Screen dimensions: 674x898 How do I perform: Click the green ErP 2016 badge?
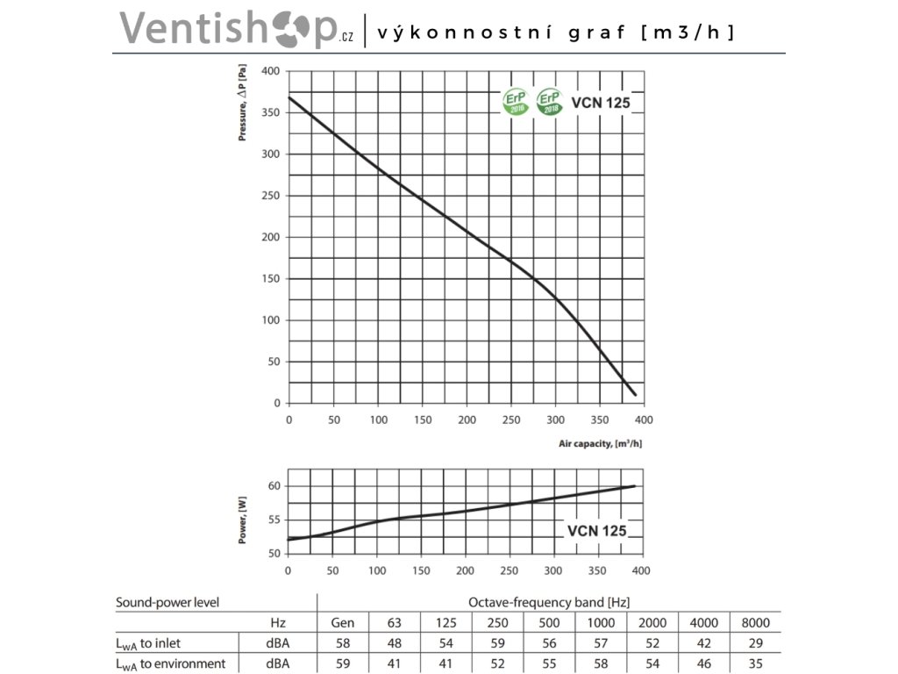coord(515,101)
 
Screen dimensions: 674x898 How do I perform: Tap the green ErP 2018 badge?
coord(550,101)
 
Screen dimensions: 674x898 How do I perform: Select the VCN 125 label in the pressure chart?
coord(601,102)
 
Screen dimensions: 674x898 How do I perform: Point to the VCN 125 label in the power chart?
coord(596,530)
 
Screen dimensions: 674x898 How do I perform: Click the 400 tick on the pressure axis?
coord(271,71)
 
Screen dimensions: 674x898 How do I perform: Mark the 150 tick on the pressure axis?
coord(271,279)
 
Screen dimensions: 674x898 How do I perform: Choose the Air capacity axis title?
coord(600,444)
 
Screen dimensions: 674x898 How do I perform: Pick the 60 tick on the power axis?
coord(274,486)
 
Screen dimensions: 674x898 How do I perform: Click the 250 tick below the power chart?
coord(510,570)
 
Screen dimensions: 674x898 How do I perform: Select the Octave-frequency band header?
coord(549,602)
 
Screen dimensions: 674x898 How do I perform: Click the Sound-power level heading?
coord(167,602)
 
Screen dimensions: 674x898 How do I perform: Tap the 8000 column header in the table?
coord(755,623)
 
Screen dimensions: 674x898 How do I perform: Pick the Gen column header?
coord(342,623)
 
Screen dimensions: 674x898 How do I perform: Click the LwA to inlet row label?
coord(148,643)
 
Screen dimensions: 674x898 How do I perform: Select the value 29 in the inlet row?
coord(755,643)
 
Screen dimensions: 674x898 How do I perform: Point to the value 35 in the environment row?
coord(755,663)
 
